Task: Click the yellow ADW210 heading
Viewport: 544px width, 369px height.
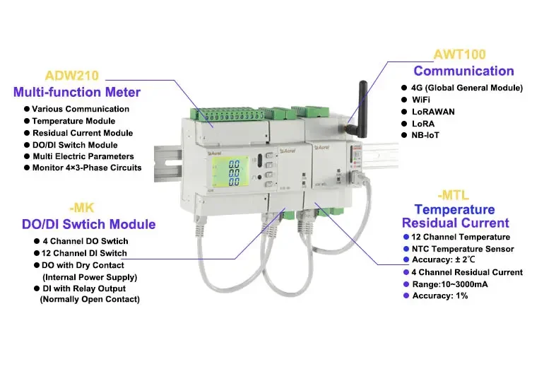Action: point(71,75)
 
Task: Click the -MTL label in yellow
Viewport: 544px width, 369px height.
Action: point(454,194)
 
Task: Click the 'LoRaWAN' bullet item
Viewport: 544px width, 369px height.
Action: point(433,111)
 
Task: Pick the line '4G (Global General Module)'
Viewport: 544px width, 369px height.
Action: point(467,88)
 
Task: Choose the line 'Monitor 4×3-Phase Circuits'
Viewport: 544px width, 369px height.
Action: point(87,168)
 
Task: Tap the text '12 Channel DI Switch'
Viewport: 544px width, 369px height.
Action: point(85,253)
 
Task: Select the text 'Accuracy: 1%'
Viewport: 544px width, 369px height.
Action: point(439,295)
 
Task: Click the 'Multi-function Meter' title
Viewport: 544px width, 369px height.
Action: point(77,92)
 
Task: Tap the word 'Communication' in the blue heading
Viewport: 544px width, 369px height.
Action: point(463,71)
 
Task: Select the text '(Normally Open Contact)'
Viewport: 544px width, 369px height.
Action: point(90,300)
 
